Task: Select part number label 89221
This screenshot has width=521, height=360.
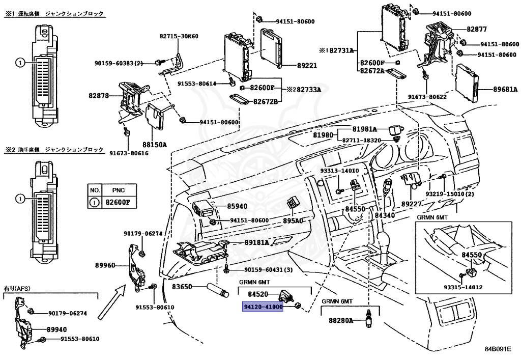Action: point(307,66)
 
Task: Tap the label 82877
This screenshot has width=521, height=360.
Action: point(477,29)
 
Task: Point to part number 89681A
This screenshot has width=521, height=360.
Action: point(505,89)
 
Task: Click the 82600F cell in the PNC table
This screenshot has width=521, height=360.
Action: point(119,202)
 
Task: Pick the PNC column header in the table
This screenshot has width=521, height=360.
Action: point(118,190)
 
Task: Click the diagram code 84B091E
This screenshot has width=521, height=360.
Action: point(498,349)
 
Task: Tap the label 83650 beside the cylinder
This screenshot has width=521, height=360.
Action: point(182,286)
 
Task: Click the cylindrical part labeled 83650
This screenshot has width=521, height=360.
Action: point(218,289)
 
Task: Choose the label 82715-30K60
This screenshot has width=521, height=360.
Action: point(179,36)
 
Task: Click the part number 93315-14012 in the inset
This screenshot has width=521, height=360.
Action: point(463,287)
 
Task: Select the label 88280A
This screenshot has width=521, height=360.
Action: point(341,320)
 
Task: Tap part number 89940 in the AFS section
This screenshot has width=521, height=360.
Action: point(56,329)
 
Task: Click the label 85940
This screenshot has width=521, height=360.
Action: point(237,206)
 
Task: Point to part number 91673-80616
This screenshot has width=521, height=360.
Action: point(129,153)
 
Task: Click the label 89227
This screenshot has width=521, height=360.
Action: point(411,204)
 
